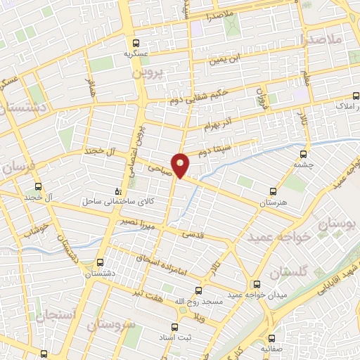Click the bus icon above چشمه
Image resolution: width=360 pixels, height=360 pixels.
coord(304,154)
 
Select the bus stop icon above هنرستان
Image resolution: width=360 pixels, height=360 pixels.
coord(274,191)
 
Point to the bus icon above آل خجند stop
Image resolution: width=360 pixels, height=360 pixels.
coord(38,187)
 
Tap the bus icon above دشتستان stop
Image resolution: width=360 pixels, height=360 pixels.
coord(99,262)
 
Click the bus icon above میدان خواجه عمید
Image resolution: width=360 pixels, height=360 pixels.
coord(257,284)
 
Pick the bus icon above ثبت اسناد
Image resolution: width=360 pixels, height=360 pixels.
coord(175,327)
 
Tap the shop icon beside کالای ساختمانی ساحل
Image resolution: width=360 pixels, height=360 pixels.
coord(118,191)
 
